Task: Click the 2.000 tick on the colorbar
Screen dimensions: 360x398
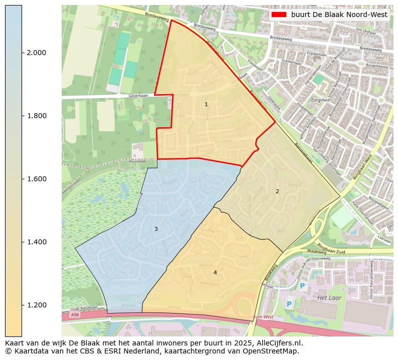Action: click(36, 53)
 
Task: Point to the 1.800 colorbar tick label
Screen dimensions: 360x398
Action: click(36, 116)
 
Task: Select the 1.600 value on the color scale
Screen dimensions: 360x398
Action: click(36, 179)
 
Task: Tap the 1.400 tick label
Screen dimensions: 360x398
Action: click(36, 242)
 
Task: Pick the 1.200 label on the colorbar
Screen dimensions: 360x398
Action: click(36, 305)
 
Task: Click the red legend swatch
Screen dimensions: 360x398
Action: click(278, 15)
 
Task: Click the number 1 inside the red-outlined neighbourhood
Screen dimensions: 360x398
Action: click(206, 104)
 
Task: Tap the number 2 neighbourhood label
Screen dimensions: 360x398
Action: click(277, 191)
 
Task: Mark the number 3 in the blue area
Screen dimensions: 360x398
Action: click(156, 229)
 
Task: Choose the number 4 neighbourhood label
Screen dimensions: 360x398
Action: click(215, 272)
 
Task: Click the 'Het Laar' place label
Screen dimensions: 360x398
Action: click(329, 298)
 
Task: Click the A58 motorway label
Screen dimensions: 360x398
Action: click(75, 315)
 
